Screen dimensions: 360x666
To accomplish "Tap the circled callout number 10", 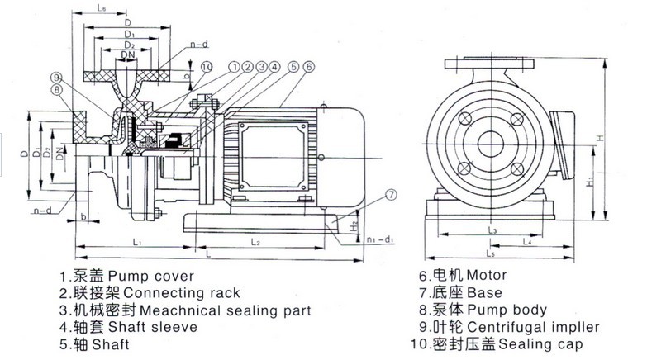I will click(x=207, y=65).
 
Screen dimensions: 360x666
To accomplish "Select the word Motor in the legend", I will click(x=486, y=275).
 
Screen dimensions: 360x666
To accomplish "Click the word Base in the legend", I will click(x=483, y=292).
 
